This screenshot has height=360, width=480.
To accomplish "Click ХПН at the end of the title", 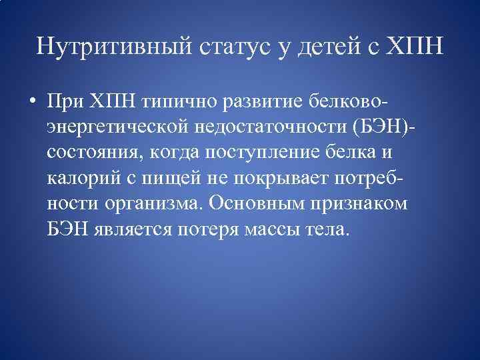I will (x=414, y=47).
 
